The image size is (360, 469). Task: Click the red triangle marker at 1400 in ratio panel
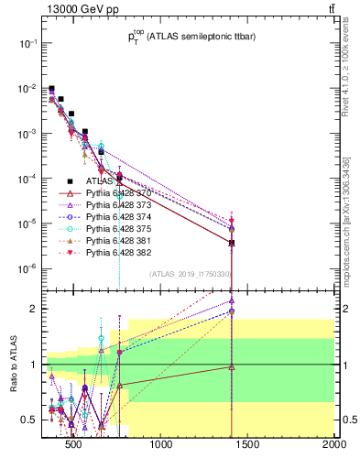tap(232, 366)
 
